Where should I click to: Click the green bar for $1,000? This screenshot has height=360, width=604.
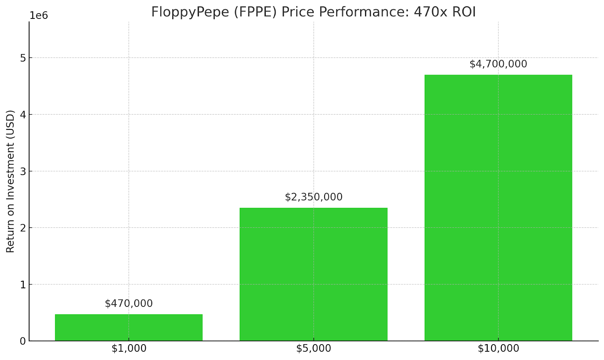[x=129, y=327]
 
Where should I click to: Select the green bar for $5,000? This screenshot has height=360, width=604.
[x=313, y=274]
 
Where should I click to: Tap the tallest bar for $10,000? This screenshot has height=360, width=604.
[x=498, y=208]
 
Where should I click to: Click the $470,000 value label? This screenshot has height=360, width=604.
[x=129, y=303]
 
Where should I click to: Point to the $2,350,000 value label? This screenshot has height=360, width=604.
[x=313, y=197]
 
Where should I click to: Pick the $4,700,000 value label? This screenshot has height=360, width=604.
[x=498, y=64]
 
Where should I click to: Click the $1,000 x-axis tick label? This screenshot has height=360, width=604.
[x=129, y=349]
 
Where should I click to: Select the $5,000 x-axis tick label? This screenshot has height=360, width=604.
[x=313, y=349]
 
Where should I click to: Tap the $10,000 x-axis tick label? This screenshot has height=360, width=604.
[x=498, y=349]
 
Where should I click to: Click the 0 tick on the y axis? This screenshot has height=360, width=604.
[x=23, y=341]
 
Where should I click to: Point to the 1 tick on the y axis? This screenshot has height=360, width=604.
[x=23, y=285]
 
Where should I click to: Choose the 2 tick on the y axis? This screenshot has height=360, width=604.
[x=23, y=228]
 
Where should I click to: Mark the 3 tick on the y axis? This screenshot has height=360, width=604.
[x=23, y=171]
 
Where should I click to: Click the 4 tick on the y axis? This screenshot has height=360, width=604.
[x=23, y=115]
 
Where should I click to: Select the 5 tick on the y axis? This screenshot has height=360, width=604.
[x=23, y=58]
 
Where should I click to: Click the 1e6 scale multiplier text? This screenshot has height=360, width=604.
[x=39, y=16]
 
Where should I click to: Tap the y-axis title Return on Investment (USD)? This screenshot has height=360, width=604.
[x=10, y=181]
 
